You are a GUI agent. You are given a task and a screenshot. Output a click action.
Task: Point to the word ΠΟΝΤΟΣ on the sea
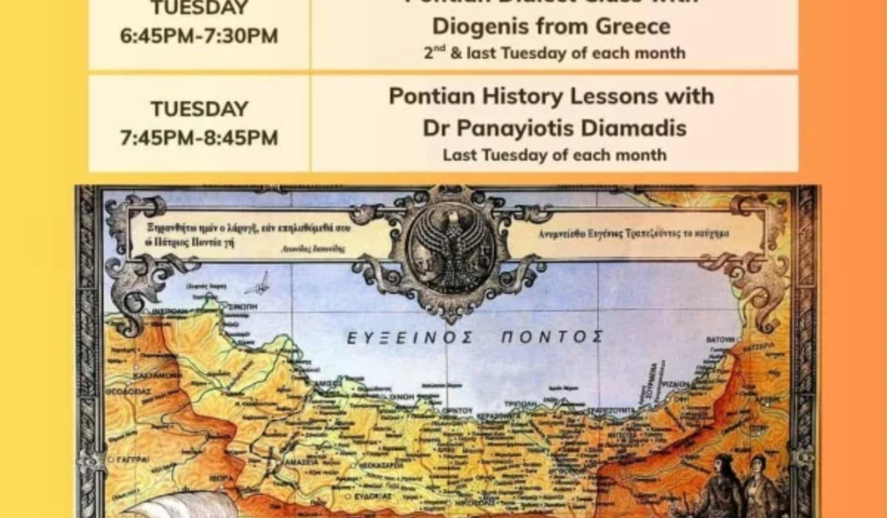(x=551, y=338)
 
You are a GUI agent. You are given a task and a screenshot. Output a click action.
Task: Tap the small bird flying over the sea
(x=259, y=283)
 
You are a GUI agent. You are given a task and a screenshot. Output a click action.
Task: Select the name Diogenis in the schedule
(x=480, y=27)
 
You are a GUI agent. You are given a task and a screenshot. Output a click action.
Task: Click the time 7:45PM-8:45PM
(x=200, y=138)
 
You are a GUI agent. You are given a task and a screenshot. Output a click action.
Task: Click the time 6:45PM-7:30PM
(x=200, y=36)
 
